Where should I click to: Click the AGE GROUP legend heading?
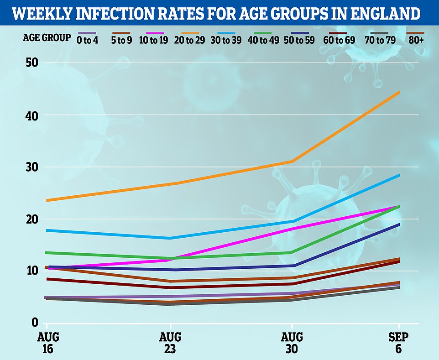pos(47,38)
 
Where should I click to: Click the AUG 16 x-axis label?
pos(47,343)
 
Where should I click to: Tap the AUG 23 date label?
pos(170,343)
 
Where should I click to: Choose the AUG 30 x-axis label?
pos(292,343)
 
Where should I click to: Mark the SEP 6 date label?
pos(399,343)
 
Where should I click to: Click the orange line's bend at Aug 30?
pos(292,161)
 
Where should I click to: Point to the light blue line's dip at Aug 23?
pos(170,238)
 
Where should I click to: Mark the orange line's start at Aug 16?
pos(47,200)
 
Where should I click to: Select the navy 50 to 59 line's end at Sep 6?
pos(399,224)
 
